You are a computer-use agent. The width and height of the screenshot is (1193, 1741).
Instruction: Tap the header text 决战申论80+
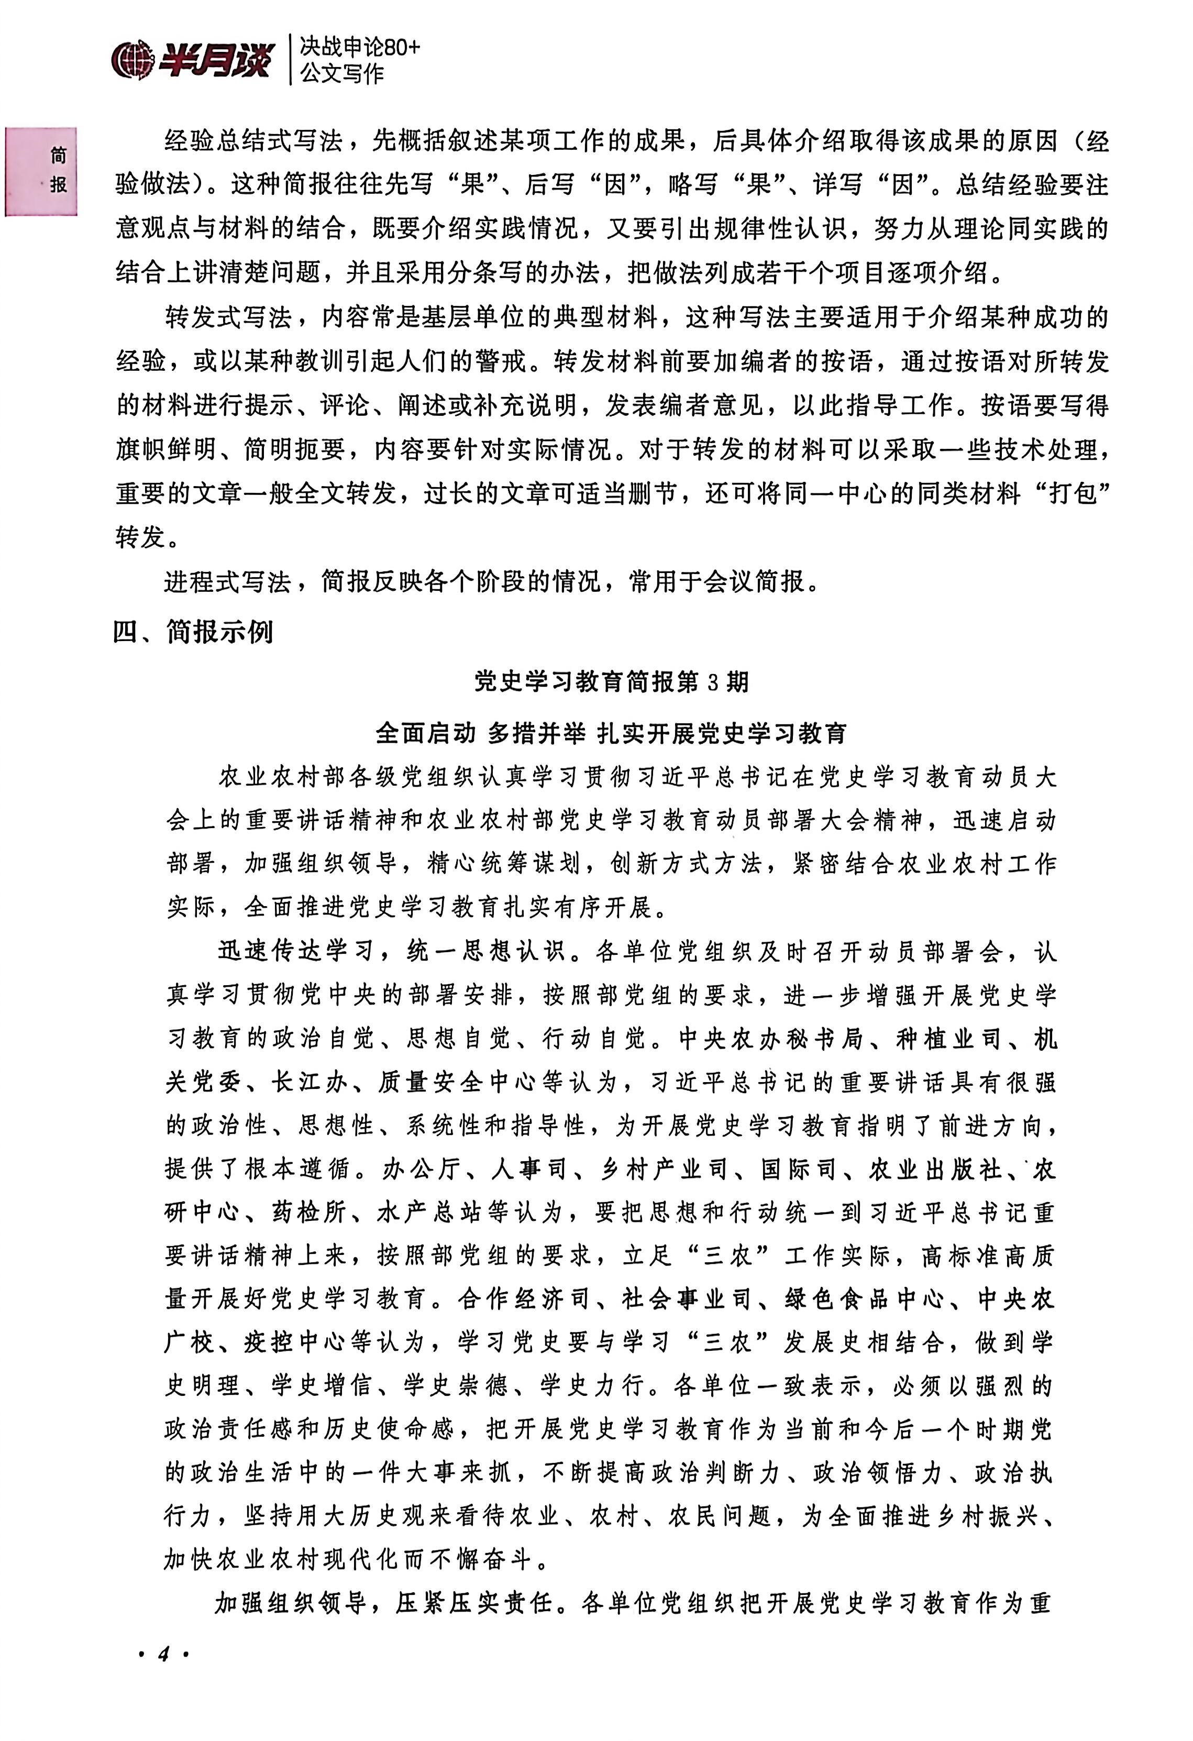pos(359,47)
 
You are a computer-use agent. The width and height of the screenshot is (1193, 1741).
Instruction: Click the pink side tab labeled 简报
pos(42,171)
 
